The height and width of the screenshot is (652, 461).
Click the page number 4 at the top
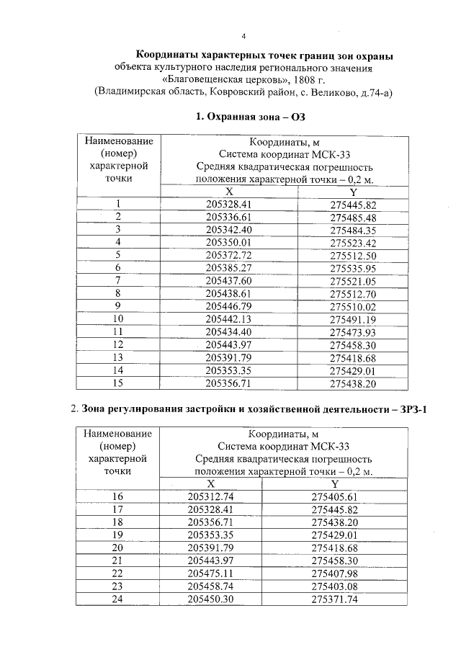click(x=243, y=36)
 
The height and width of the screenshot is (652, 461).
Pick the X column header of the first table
click(x=229, y=192)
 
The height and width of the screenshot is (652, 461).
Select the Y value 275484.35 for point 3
click(x=353, y=230)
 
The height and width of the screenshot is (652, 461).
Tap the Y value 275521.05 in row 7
click(x=353, y=280)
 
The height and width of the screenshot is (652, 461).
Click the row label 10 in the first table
click(x=117, y=318)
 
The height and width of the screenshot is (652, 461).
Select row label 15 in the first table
click(x=117, y=382)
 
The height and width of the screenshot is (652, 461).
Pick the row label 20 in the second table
click(x=117, y=548)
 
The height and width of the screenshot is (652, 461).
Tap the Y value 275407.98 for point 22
click(x=334, y=573)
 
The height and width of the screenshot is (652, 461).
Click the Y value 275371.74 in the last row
click(x=334, y=599)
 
